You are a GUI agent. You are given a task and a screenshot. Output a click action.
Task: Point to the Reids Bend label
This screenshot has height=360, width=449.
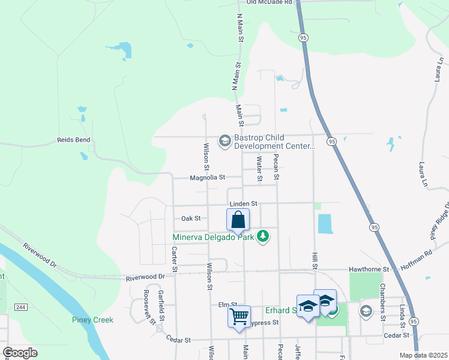click(73, 140)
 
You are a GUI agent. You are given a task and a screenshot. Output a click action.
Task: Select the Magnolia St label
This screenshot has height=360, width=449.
click(207, 178)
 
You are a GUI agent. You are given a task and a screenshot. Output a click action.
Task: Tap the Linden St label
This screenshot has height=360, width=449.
click(243, 204)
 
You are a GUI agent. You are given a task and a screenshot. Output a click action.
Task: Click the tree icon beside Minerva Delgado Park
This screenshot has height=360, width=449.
click(262, 237)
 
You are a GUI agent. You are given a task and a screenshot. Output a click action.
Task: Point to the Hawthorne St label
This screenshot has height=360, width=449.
click(370, 269)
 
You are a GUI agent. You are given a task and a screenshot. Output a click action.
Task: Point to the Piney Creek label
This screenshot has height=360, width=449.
click(93, 320)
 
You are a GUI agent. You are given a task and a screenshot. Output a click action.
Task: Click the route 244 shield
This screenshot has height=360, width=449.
click(20, 307)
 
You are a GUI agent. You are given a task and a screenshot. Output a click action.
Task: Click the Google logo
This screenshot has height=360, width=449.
click(20, 352)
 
